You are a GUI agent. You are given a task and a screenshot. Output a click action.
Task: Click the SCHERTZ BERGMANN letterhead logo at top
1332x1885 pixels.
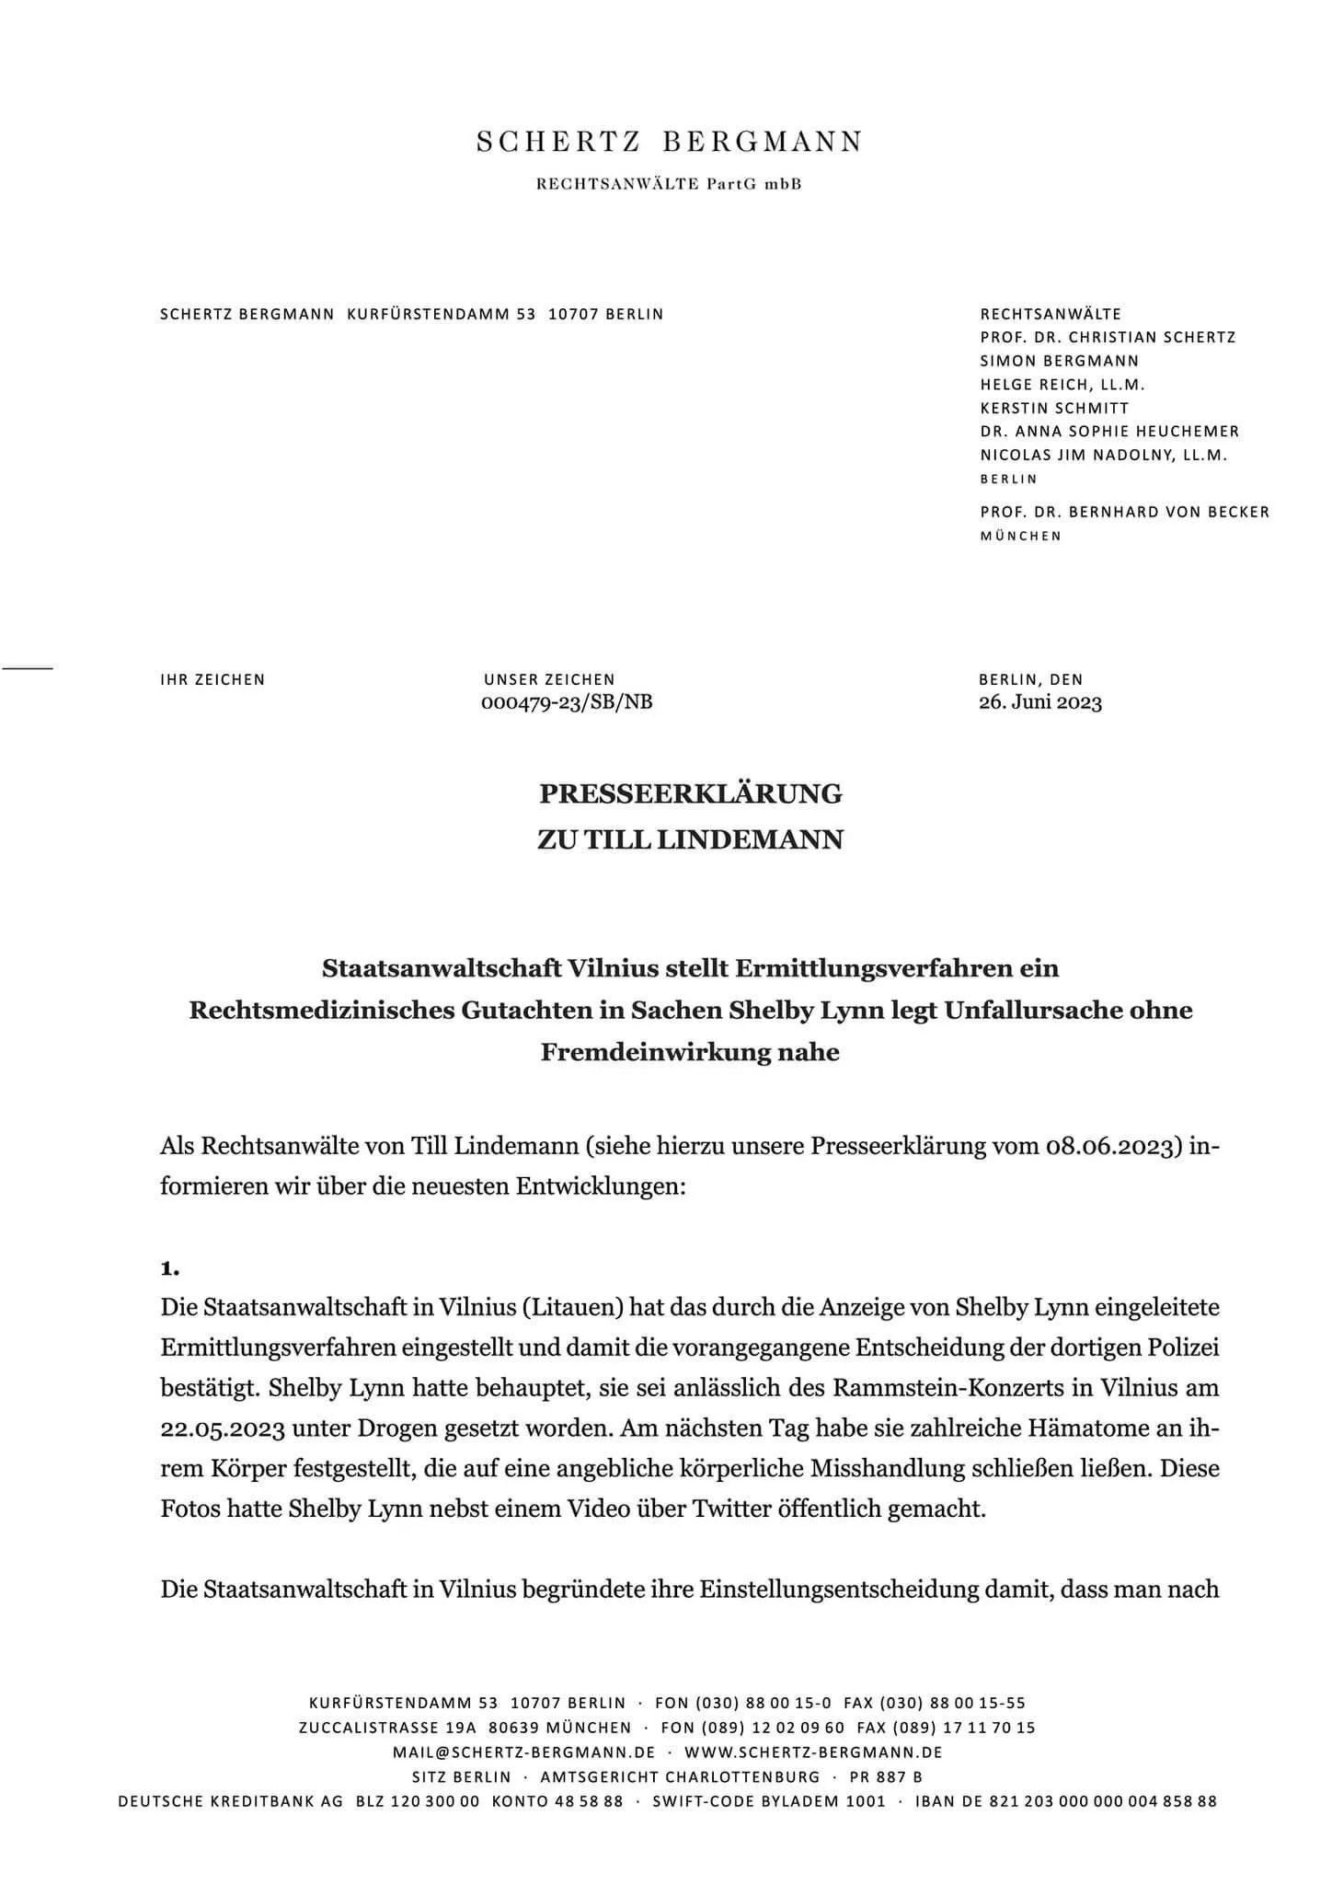669,142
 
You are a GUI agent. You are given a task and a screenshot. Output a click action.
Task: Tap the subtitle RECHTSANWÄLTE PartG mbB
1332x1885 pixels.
669,184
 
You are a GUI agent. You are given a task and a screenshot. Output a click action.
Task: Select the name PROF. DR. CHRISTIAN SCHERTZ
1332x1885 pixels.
1108,337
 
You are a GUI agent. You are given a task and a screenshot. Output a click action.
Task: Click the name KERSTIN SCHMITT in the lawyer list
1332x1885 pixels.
1054,408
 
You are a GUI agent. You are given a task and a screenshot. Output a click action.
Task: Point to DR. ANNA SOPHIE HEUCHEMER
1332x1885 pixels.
1109,431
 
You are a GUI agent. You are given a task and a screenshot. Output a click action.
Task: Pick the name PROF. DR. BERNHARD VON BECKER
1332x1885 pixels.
1124,512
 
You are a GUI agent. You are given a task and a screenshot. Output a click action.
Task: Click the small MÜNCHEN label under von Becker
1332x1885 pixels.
1020,536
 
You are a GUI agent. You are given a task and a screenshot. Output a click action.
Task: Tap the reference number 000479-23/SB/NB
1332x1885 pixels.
567,703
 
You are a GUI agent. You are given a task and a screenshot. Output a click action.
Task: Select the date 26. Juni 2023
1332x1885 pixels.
1039,703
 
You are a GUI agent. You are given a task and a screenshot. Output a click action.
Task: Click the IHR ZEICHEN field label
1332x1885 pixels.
212,680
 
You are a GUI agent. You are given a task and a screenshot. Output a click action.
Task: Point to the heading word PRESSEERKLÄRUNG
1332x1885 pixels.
690,793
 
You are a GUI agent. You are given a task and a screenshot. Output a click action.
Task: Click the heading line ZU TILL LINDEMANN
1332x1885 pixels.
690,840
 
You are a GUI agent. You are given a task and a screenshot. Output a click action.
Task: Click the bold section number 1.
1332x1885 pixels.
169,1268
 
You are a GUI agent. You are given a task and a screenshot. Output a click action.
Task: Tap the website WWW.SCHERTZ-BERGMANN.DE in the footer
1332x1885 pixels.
813,1752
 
